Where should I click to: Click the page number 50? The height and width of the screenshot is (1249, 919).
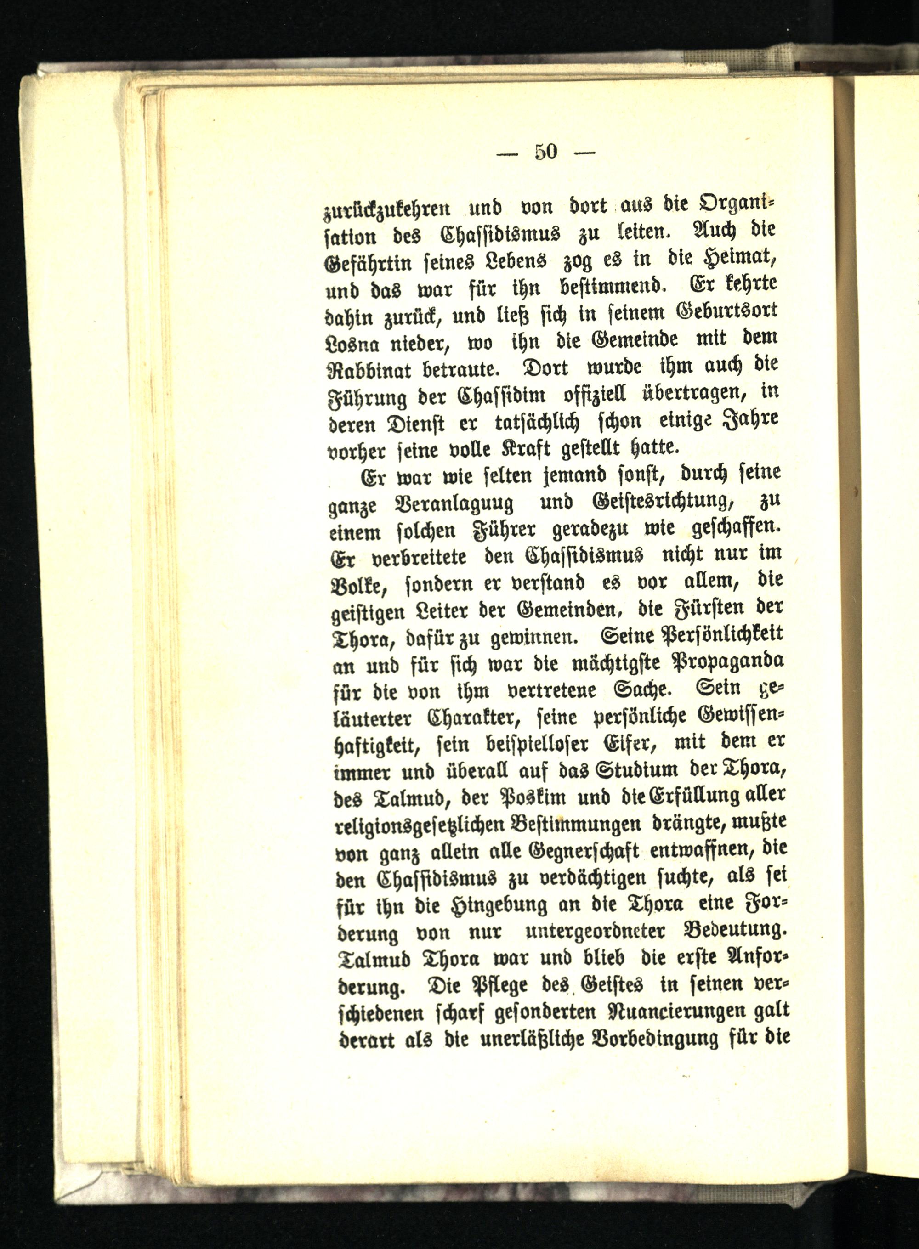click(546, 152)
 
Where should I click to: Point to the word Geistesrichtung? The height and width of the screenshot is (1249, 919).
click(666, 502)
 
